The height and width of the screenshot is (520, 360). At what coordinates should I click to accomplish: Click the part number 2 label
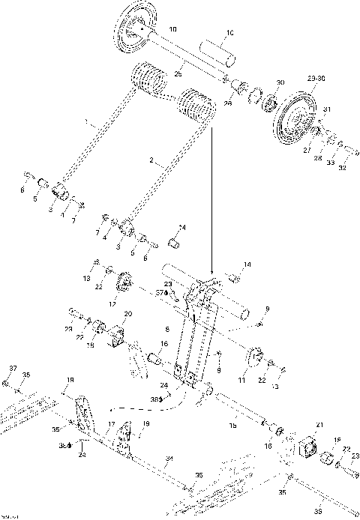click(153, 160)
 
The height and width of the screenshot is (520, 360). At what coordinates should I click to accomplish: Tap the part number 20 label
click(128, 313)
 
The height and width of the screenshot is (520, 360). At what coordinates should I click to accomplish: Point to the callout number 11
click(241, 381)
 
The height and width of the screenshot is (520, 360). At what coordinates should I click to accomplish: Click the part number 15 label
click(233, 425)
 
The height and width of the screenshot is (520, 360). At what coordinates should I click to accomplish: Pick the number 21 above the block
click(319, 425)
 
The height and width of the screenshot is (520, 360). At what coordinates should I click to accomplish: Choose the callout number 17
click(109, 425)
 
